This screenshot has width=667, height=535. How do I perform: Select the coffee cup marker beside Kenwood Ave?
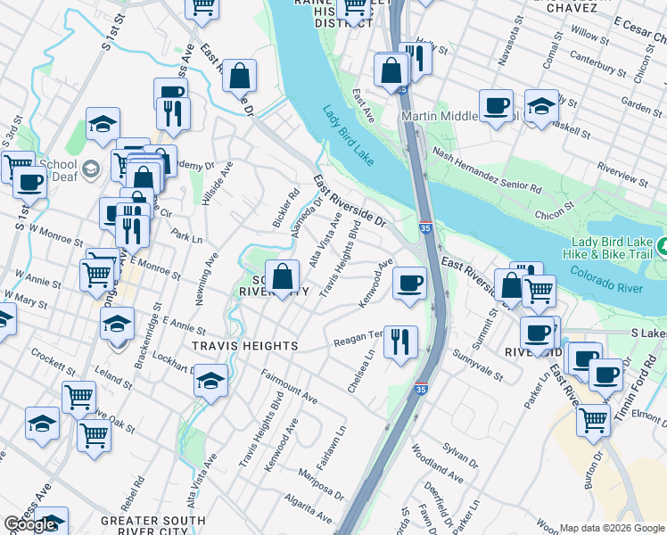[x=409, y=284]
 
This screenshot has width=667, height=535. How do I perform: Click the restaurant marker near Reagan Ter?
[x=401, y=342]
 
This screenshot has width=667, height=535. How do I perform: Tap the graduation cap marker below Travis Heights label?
[x=210, y=381]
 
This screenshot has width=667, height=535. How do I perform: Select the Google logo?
[x=29, y=524]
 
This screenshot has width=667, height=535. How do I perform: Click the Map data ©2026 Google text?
[x=612, y=528]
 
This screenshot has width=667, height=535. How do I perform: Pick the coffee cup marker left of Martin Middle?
[x=496, y=105]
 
